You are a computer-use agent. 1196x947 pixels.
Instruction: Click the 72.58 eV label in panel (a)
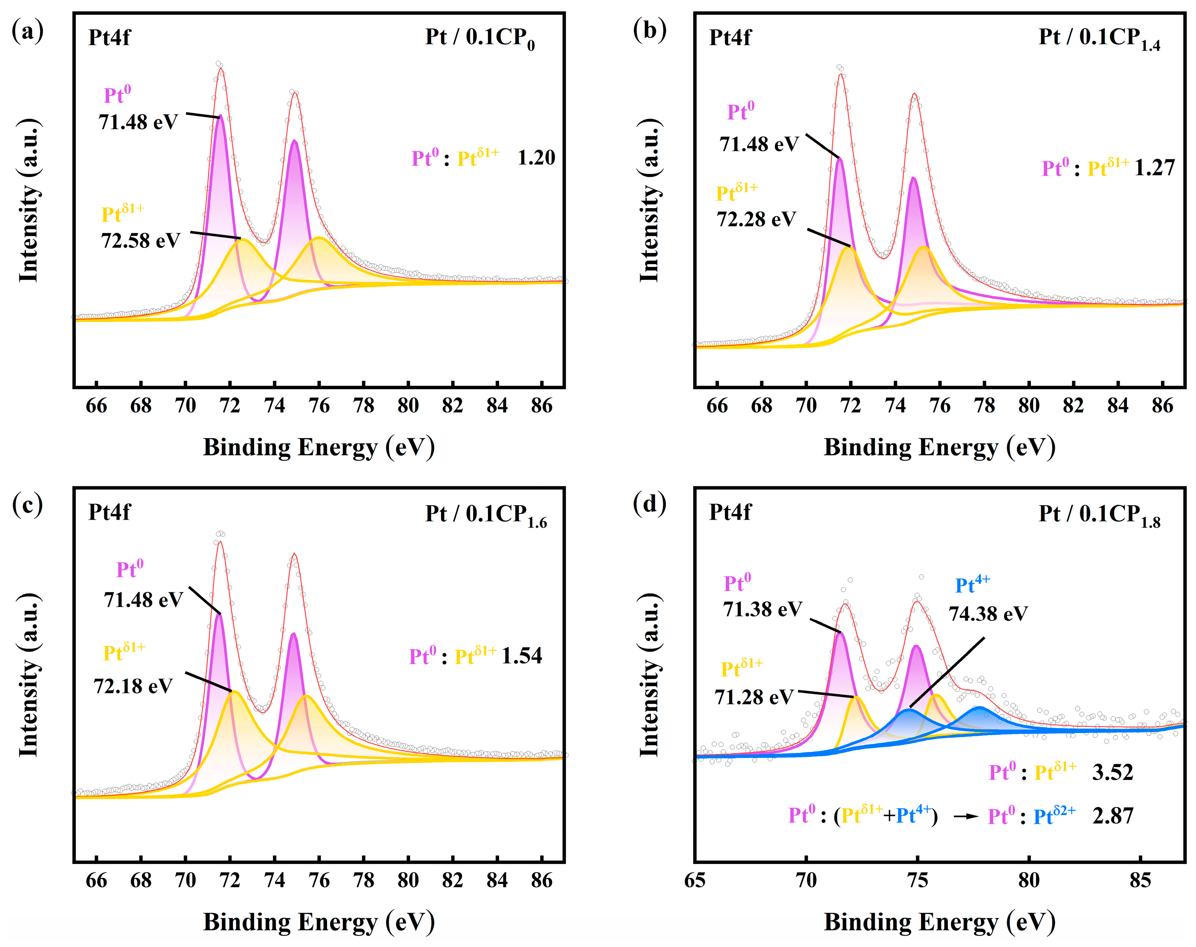click(x=140, y=241)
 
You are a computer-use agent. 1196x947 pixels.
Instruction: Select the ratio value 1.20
click(x=536, y=158)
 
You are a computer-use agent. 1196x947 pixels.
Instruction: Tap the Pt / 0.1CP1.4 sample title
click(x=1098, y=38)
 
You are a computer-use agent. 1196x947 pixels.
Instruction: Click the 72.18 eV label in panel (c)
click(x=133, y=686)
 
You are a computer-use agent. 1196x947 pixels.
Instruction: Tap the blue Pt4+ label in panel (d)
click(x=972, y=585)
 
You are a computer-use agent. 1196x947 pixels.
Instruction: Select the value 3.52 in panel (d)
click(x=1112, y=772)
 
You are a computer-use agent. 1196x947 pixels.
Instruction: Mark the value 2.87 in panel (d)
click(x=1112, y=815)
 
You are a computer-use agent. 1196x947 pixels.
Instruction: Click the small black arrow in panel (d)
click(x=965, y=817)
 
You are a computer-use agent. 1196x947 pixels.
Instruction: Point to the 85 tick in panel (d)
click(x=1140, y=880)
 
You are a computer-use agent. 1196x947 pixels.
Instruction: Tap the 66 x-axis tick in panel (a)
click(x=96, y=406)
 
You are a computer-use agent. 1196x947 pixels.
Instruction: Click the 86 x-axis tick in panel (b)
click(x=1162, y=406)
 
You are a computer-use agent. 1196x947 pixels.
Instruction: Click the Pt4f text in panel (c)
click(x=109, y=512)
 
